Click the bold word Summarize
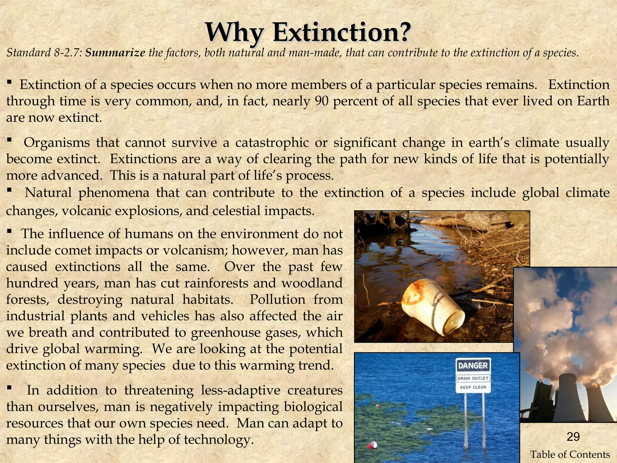[x=115, y=53]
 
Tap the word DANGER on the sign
[x=473, y=366]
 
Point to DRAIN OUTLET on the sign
[x=473, y=378]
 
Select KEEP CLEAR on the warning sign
[x=473, y=387]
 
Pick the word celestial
[x=235, y=211]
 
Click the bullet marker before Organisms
[x=9, y=140]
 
